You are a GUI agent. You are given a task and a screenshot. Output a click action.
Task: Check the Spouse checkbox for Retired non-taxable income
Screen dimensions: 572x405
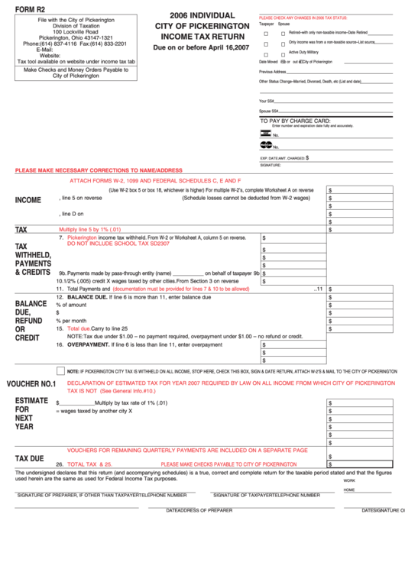[x=283, y=34]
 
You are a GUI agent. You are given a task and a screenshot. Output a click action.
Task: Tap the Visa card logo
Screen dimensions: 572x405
[x=265, y=133]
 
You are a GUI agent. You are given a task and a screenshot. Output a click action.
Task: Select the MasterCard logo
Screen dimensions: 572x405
[x=265, y=145]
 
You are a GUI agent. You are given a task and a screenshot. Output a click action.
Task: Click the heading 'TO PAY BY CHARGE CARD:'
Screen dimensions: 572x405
[x=296, y=121]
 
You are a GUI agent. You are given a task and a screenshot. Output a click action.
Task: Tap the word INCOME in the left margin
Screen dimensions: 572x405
[x=28, y=200]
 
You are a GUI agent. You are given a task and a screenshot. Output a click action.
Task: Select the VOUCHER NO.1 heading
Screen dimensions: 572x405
[x=31, y=384]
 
